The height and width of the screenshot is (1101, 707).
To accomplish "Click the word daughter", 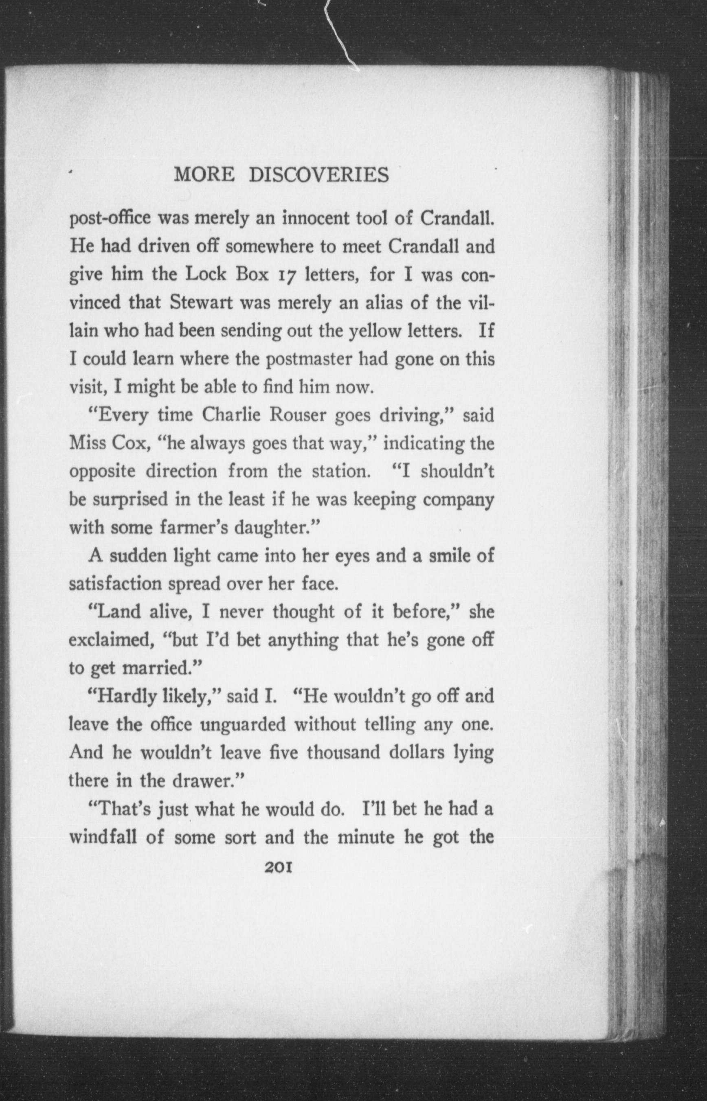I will (274, 528).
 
